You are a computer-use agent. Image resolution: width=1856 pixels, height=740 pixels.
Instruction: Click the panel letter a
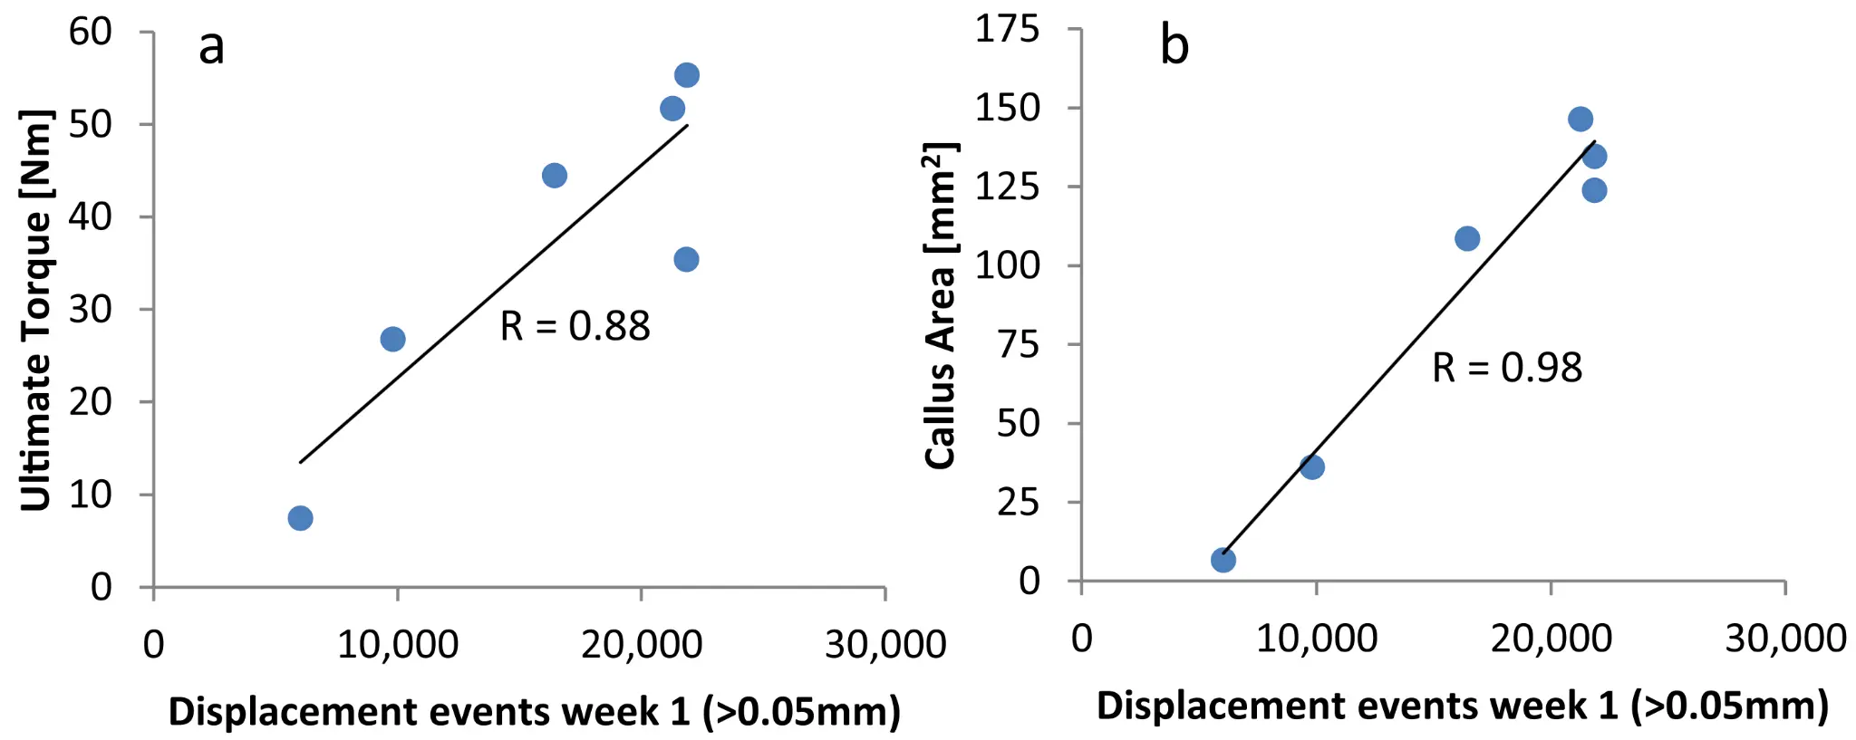tap(211, 47)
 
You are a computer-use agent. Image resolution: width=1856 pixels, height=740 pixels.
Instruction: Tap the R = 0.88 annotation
tap(575, 326)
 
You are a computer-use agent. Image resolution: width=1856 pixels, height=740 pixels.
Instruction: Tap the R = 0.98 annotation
tap(1507, 368)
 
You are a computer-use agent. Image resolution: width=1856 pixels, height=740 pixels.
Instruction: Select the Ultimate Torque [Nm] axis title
tap(36, 310)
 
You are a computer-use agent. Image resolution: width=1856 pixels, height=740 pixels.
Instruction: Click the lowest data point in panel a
tap(300, 518)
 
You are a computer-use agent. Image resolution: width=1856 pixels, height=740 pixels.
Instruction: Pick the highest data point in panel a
tap(686, 75)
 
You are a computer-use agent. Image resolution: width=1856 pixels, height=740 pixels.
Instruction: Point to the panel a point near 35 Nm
tap(686, 260)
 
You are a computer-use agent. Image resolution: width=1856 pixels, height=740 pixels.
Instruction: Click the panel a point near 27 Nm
tap(392, 340)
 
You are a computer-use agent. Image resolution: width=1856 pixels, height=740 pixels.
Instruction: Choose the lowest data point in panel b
tap(1223, 561)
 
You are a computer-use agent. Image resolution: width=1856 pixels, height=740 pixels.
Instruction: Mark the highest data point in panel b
tap(1580, 120)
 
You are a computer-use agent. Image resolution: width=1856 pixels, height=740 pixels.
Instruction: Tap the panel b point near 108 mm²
tap(1467, 239)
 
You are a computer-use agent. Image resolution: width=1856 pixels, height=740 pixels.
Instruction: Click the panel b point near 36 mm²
tap(1311, 467)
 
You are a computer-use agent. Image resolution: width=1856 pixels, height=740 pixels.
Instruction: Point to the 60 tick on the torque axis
tap(91, 32)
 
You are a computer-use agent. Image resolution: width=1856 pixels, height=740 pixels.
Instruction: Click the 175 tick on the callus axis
tap(1008, 29)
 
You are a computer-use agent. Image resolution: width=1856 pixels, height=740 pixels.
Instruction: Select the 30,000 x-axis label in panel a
tap(884, 645)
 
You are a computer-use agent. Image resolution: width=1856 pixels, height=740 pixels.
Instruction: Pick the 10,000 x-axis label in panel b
tap(1316, 639)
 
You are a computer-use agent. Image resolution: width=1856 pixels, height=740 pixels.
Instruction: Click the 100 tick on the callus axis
tap(1008, 265)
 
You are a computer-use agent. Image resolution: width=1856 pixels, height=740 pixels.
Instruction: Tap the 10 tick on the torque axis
tap(91, 495)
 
